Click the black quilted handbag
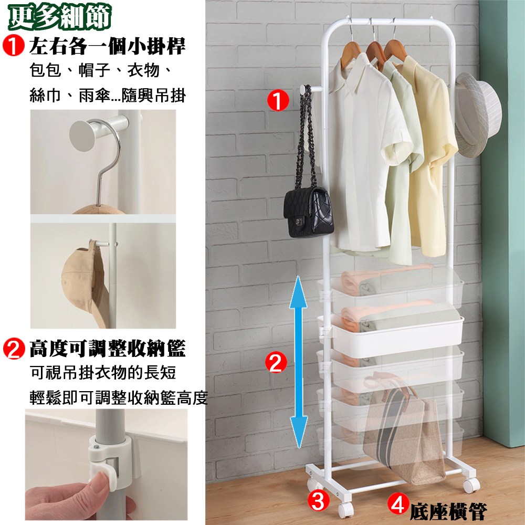click(308, 212)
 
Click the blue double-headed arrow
click(298, 362)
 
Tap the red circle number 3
click(319, 500)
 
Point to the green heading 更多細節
click(60, 17)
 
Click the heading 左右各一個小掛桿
click(107, 46)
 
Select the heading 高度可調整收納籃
click(107, 349)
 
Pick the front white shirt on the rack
click(365, 151)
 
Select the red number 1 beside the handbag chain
click(278, 100)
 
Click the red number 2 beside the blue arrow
click(276, 362)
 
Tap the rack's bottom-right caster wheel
click(471, 485)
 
